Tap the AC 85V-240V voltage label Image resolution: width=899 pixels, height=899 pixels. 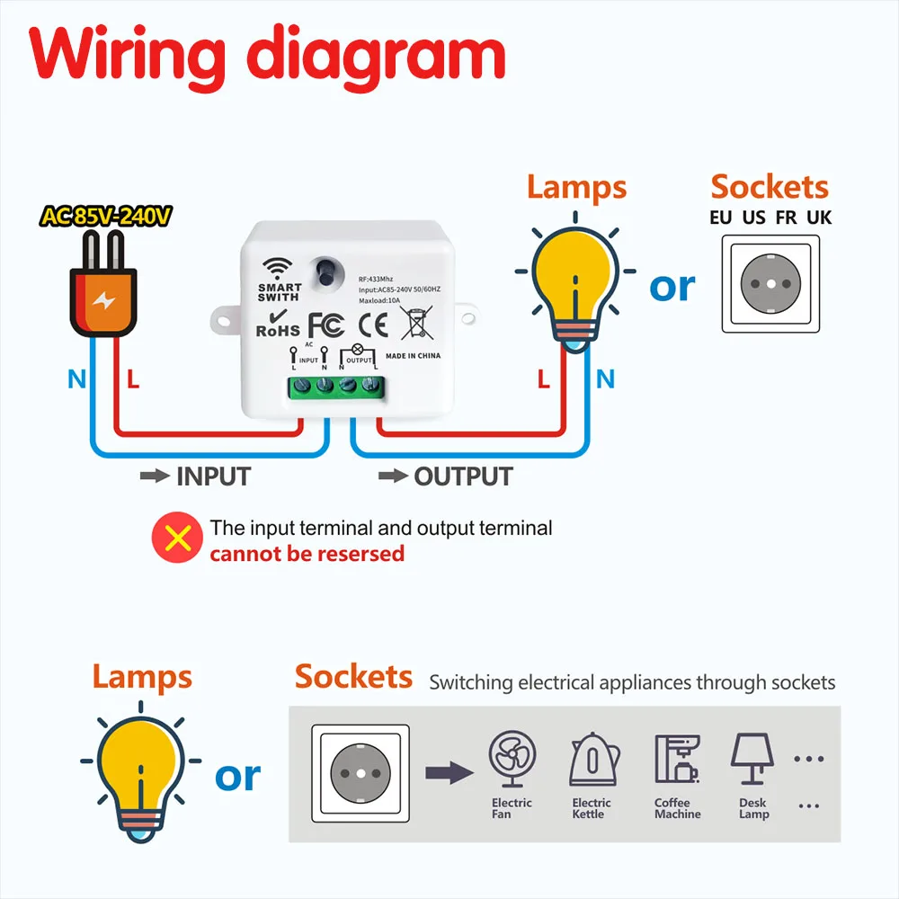pos(106,217)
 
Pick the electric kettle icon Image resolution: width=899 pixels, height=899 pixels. pos(592,760)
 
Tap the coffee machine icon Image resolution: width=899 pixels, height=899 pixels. pos(676,760)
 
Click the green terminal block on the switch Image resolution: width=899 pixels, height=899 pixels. pos(334,387)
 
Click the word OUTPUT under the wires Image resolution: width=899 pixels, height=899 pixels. pos(463,476)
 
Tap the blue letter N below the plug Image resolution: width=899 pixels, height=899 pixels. pos(76,379)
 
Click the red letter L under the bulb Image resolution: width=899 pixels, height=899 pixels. pos(543,379)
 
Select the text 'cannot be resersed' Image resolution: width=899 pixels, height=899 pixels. pos(307,554)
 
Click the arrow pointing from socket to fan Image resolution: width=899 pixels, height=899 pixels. pos(449,770)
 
